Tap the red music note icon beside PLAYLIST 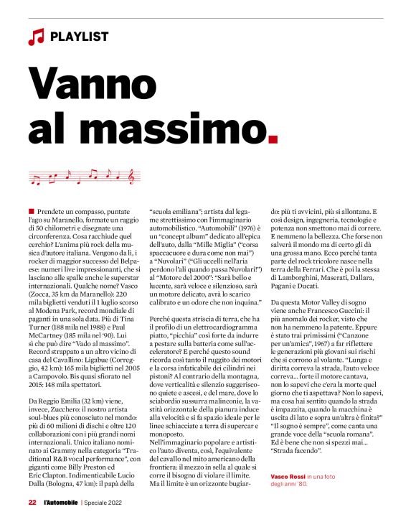click(35, 35)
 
